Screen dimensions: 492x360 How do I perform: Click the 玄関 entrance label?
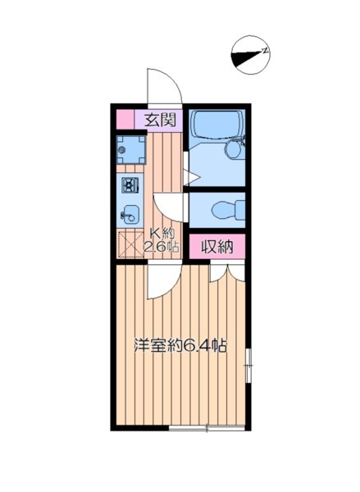(x=161, y=120)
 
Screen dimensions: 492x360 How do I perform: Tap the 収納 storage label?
(x=217, y=246)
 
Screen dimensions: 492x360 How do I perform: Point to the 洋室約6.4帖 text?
(x=180, y=346)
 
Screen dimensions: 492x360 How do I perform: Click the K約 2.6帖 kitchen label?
(x=162, y=239)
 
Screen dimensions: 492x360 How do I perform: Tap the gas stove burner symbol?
(x=130, y=185)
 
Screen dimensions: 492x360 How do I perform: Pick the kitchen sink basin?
(x=130, y=216)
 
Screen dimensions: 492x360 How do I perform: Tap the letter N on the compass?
(x=265, y=52)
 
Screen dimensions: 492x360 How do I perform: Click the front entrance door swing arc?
(x=162, y=85)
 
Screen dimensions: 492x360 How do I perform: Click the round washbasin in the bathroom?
(x=235, y=149)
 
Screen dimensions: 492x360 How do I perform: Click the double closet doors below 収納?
(x=227, y=272)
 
